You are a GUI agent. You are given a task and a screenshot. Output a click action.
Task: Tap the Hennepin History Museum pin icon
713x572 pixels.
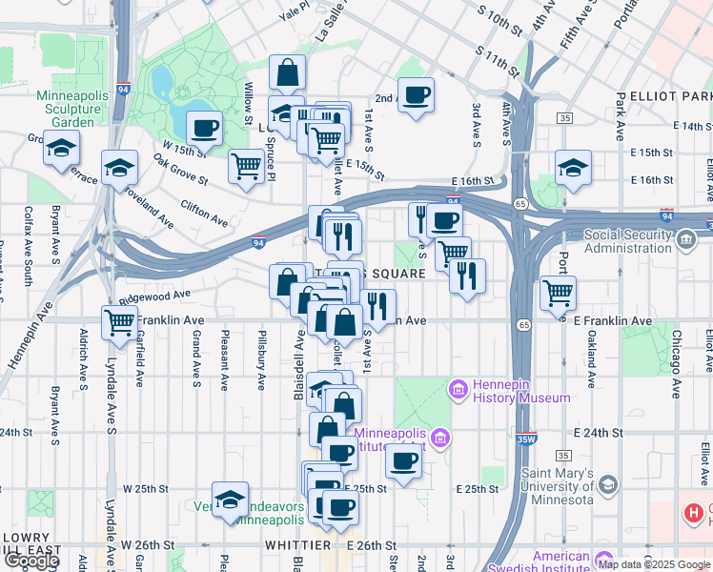pos(457,389)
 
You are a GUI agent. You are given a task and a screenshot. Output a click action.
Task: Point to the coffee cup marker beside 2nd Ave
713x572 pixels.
pos(416,95)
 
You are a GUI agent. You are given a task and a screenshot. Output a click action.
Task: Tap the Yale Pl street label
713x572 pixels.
pos(295,10)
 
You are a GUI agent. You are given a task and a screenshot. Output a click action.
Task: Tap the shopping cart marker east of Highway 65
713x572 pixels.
pos(558,293)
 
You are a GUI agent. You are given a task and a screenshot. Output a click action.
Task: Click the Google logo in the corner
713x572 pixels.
pos(31,561)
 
